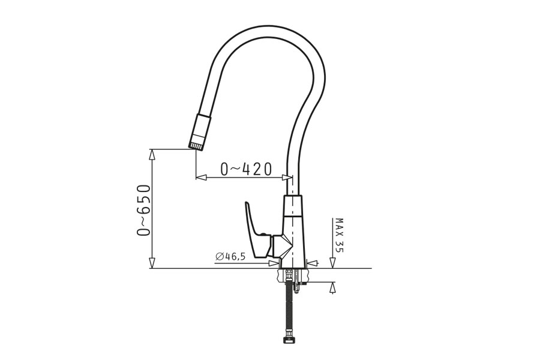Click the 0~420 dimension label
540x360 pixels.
coord(246,169)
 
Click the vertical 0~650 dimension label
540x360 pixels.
coord(143,210)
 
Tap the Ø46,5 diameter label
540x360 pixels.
coord(230,257)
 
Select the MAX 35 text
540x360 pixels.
coord(339,235)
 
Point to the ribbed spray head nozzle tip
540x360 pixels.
coord(197,146)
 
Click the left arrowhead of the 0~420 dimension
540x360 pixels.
coord(201,177)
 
